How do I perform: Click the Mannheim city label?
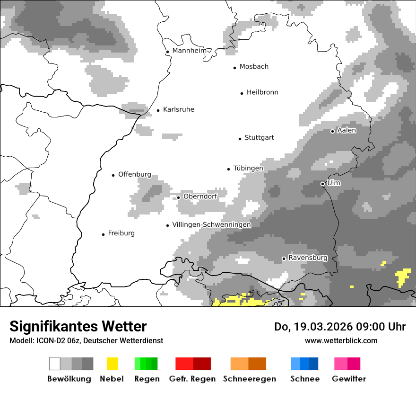[x=189, y=51]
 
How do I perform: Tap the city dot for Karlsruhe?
[x=158, y=111]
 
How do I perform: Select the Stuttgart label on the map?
[x=259, y=138]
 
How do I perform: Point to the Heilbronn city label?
[x=262, y=92]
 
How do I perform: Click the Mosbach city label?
[x=254, y=67]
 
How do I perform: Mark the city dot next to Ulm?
[x=322, y=184]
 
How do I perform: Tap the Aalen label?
[x=347, y=130]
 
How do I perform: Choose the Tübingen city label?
[x=248, y=169]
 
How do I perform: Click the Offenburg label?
[x=135, y=174]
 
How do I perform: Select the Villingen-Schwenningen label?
[x=211, y=225]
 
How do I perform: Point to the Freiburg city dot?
[x=103, y=234]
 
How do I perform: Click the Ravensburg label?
[x=308, y=258]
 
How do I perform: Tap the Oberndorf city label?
[x=200, y=196]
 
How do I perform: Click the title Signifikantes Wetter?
[x=78, y=326]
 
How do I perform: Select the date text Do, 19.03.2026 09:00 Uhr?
[x=340, y=327]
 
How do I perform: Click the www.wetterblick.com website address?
[x=341, y=340]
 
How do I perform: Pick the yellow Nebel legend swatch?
[x=112, y=364]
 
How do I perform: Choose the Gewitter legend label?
[x=349, y=379]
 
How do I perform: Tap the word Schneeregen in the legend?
[x=250, y=379]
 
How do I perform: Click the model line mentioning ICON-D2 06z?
[x=86, y=340]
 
